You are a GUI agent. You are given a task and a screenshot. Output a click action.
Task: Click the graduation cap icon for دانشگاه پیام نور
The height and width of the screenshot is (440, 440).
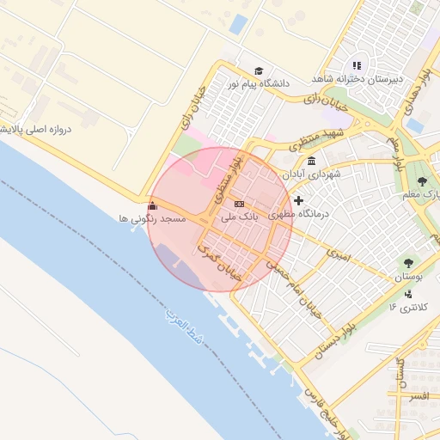(259, 71)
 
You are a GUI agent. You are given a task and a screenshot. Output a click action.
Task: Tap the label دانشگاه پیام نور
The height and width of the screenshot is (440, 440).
(257, 84)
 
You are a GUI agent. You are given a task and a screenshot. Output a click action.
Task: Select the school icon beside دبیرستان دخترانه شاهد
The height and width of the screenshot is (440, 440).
(357, 65)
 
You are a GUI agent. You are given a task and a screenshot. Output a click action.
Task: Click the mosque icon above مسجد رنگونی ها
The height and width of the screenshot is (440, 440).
(153, 205)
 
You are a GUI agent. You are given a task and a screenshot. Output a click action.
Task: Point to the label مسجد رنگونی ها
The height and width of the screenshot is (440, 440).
(153, 219)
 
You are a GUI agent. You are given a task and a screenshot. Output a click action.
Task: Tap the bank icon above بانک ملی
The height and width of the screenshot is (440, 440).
(239, 204)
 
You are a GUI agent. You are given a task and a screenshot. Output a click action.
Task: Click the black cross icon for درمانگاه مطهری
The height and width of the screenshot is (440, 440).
(298, 200)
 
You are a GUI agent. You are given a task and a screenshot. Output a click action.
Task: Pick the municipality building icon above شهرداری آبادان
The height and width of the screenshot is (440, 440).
(310, 161)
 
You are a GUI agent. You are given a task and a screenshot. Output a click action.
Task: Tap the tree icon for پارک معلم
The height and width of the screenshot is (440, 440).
(423, 181)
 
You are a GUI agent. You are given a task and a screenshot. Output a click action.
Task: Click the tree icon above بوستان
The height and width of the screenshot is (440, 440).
(407, 263)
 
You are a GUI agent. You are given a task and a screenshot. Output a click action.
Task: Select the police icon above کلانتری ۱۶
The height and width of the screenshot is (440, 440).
(407, 293)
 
